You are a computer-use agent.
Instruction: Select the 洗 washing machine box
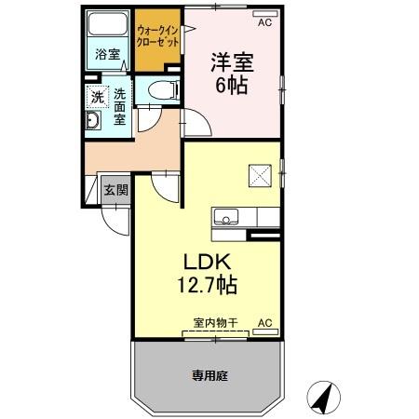point(96,96)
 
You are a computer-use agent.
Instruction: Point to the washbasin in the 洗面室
point(93,122)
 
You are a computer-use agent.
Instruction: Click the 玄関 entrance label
point(115,190)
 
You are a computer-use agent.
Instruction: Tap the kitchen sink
point(224,217)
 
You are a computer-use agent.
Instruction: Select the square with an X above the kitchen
point(257,173)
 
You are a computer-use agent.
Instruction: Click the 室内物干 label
point(215,323)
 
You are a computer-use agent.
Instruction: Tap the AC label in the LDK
point(264,323)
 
